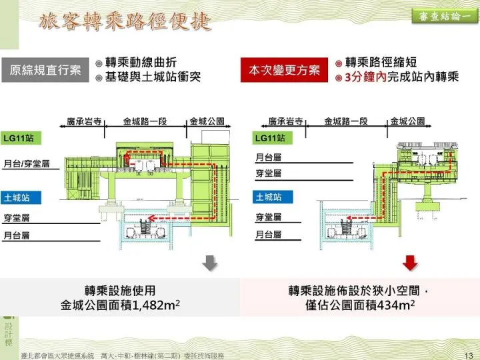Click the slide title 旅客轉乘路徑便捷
(125, 22)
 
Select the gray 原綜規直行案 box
(46, 71)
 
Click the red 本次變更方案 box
(285, 71)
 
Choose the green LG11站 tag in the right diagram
(270, 138)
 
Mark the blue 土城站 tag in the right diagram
(269, 197)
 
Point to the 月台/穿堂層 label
(27, 163)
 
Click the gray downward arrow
(209, 263)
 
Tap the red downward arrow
(410, 263)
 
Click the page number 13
(467, 355)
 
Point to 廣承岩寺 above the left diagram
(85, 122)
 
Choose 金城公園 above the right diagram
(408, 121)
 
